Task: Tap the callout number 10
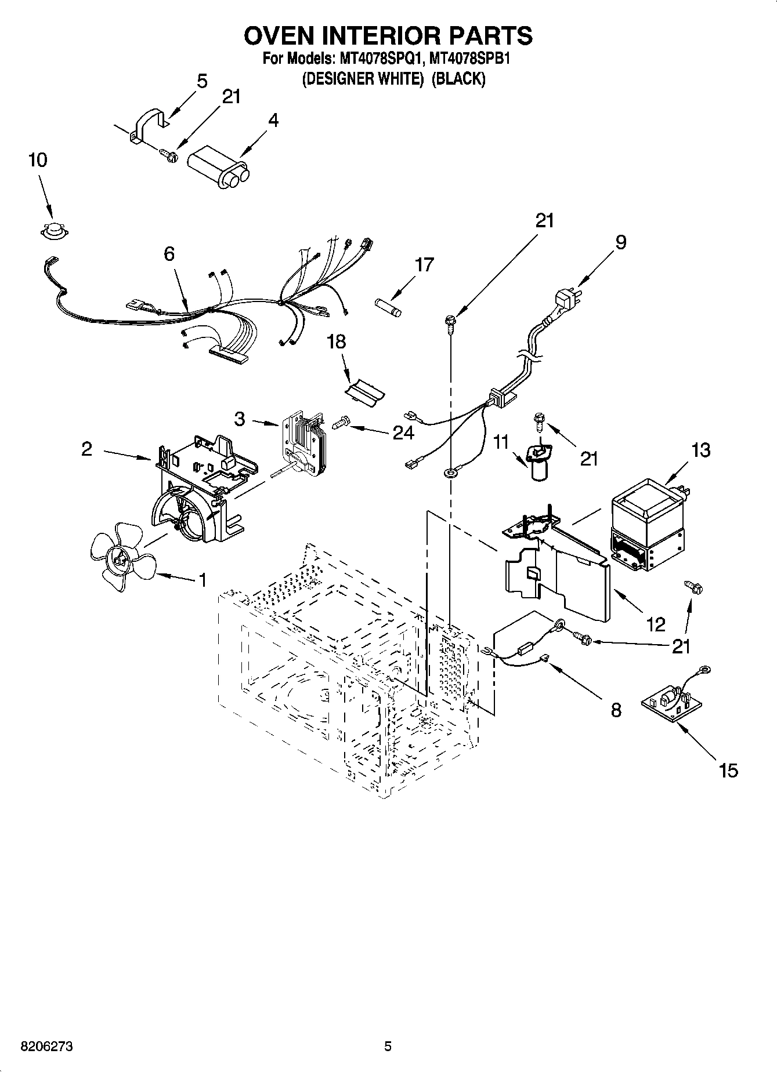click(38, 160)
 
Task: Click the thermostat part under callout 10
click(55, 230)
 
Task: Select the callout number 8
click(616, 710)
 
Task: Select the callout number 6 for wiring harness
click(169, 254)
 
